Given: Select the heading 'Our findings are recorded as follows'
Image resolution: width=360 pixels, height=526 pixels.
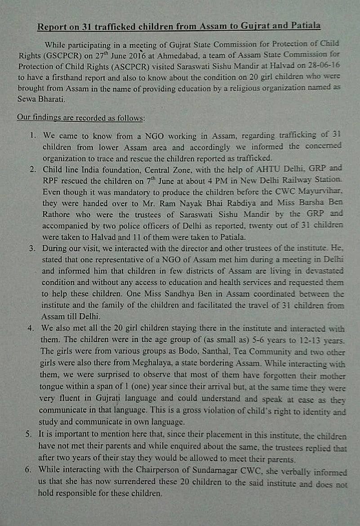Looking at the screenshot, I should pos(81,118).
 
